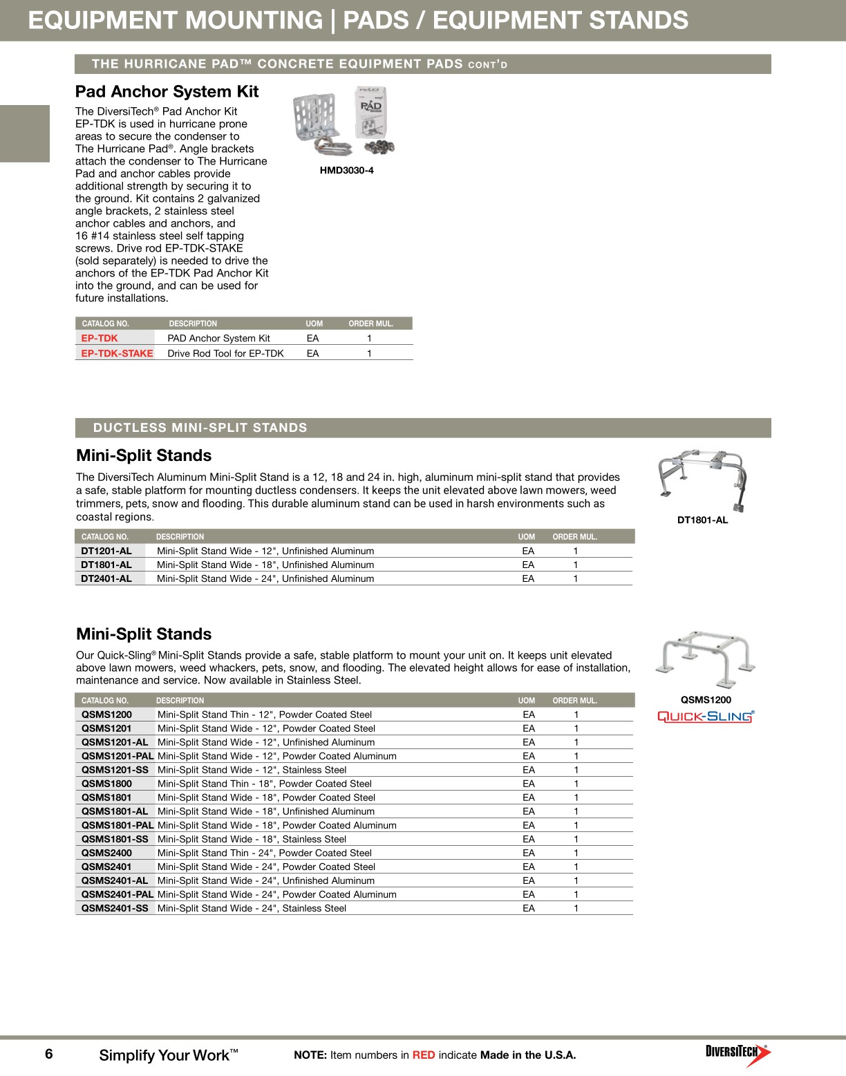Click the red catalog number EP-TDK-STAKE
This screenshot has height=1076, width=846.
tap(117, 353)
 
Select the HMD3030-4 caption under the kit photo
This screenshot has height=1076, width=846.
tap(346, 171)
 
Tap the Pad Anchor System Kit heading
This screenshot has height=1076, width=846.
tap(167, 92)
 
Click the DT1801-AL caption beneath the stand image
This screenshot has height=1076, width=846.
tap(702, 520)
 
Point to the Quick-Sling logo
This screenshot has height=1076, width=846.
tap(705, 717)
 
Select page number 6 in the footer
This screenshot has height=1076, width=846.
tap(49, 1054)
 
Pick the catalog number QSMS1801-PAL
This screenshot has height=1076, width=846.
tap(117, 825)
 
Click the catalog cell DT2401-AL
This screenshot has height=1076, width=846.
tap(106, 578)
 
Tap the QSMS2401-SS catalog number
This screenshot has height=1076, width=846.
tap(115, 908)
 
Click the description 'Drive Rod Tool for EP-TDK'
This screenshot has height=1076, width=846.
tap(225, 353)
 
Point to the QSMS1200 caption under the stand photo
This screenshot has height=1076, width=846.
tap(706, 700)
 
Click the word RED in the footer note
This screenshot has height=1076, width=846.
tap(424, 1055)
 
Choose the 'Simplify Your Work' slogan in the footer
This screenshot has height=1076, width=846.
tap(168, 1055)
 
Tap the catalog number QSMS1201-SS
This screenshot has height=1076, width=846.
tap(115, 770)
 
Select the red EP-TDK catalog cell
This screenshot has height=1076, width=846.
tap(100, 338)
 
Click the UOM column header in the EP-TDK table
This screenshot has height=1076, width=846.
tap(314, 323)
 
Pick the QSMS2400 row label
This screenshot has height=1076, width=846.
tap(106, 853)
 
